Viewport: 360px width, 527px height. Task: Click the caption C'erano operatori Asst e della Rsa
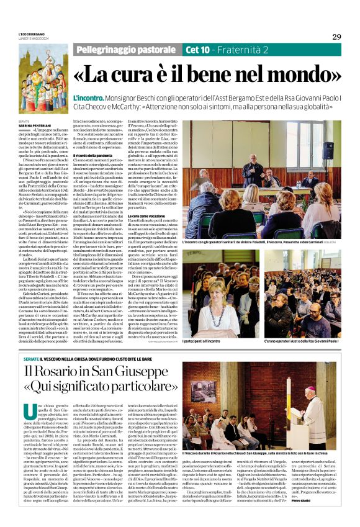coord(305,341)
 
